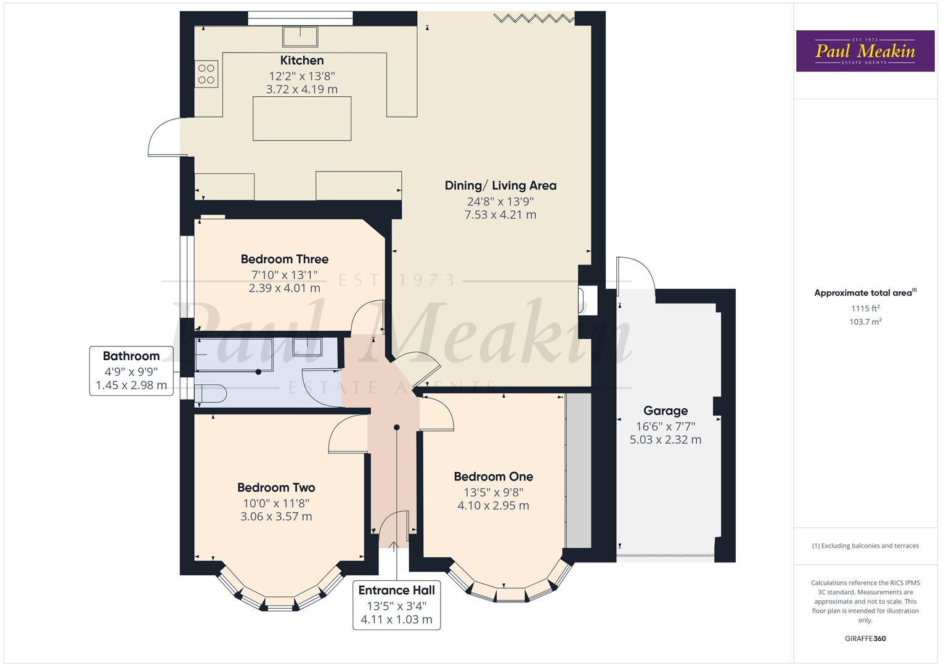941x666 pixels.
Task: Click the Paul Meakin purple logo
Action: coord(865,51)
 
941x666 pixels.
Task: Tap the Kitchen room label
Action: coord(302,60)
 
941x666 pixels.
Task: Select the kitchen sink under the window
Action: coord(300,36)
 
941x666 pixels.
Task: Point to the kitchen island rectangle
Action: coord(302,118)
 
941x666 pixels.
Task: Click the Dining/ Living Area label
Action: coord(500,186)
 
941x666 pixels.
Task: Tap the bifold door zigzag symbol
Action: coord(534,18)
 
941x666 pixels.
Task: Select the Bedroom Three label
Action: coord(284,259)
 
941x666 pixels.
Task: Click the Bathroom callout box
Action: coord(131,371)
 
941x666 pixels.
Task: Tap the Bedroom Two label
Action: coord(276,488)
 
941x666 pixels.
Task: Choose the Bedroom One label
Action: coord(493,477)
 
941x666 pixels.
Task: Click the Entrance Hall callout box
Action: coord(396,604)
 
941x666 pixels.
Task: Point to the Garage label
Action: coord(666,411)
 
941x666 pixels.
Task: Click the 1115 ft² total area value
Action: coord(865,308)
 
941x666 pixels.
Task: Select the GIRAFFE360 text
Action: coord(865,639)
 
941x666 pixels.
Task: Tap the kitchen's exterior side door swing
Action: coord(164,136)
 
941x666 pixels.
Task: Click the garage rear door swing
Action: coord(635,274)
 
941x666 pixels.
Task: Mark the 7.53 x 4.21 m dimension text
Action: coord(500,215)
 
